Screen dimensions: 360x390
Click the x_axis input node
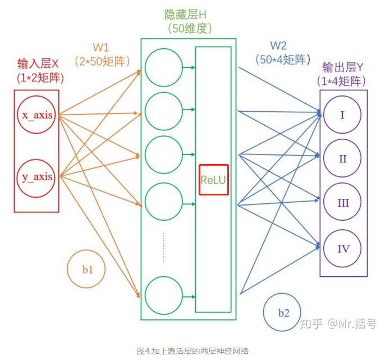37,116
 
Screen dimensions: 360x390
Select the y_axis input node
37,177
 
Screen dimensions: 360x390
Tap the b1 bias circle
87,270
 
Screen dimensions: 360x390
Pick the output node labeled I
343,115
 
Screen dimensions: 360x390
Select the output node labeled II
343,159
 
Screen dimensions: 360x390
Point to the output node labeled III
343,203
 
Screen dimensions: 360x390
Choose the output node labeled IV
343,248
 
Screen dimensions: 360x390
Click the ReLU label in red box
214,180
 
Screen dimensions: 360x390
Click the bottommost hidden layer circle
163,294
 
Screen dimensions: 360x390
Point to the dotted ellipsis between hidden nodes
163,247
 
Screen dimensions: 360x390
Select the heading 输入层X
38,64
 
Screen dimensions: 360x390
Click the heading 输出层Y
342,68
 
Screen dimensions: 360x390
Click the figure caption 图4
193,351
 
